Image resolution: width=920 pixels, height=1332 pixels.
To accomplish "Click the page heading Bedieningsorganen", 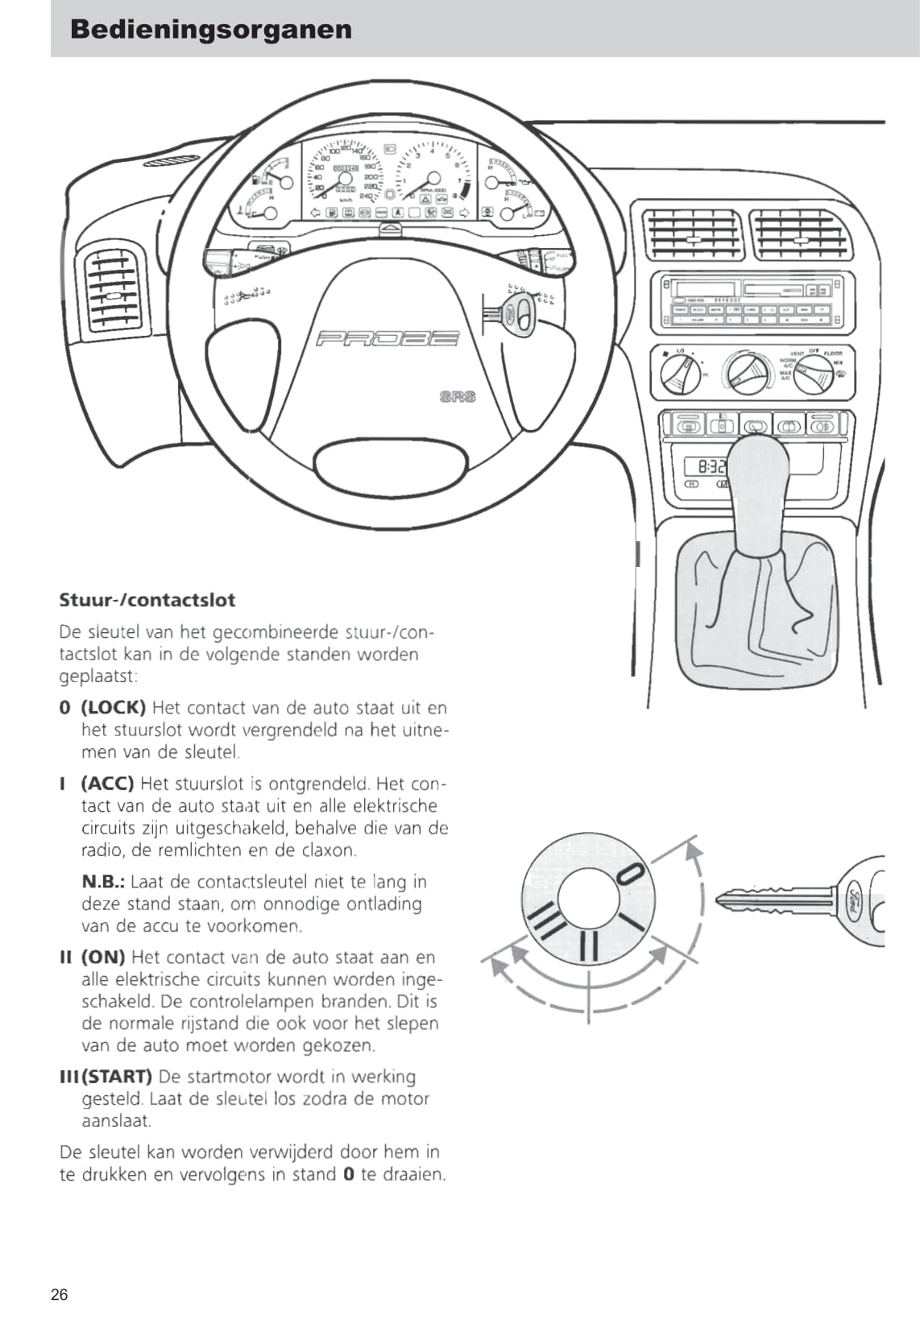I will (x=211, y=30).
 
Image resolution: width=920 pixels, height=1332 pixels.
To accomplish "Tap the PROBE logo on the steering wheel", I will (x=388, y=338).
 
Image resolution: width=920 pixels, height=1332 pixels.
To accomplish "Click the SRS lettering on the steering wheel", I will (x=458, y=396).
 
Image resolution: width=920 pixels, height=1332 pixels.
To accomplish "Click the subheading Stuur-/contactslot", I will (x=147, y=600).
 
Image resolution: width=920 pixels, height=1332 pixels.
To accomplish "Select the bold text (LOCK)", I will (x=113, y=708).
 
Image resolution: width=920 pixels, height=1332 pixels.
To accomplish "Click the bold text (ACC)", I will (x=107, y=784).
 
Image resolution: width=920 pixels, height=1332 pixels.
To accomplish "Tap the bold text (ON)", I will (x=103, y=958).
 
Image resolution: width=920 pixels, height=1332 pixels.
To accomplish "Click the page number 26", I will (x=60, y=1295).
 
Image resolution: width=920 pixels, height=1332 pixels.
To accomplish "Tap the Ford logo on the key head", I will (x=855, y=900).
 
